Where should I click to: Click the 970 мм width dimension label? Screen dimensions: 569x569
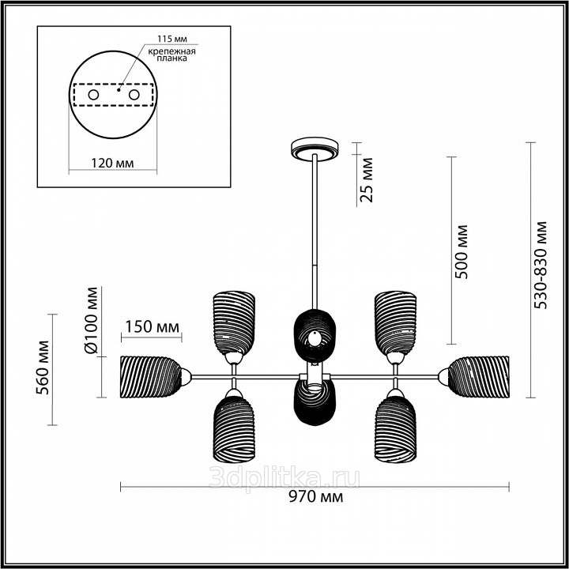[315, 497]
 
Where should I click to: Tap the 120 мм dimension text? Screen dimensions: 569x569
[112, 164]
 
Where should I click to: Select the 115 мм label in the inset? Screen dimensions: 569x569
[172, 39]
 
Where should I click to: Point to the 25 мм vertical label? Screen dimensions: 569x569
[367, 179]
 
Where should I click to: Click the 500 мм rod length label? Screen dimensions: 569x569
[462, 252]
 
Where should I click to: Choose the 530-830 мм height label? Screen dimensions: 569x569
[541, 265]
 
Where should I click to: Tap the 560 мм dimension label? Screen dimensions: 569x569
[43, 367]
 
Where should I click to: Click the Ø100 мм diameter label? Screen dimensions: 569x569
[91, 320]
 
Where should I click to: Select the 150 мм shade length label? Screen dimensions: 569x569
[152, 326]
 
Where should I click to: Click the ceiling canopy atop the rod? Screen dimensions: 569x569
[315, 149]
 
